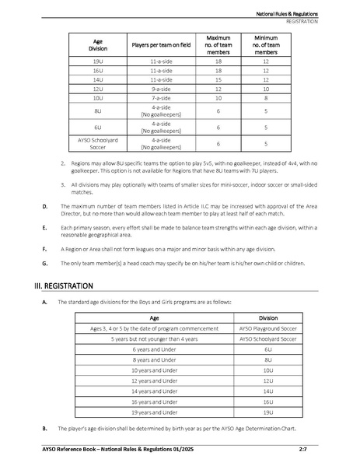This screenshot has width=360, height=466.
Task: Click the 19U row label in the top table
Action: (98, 61)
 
